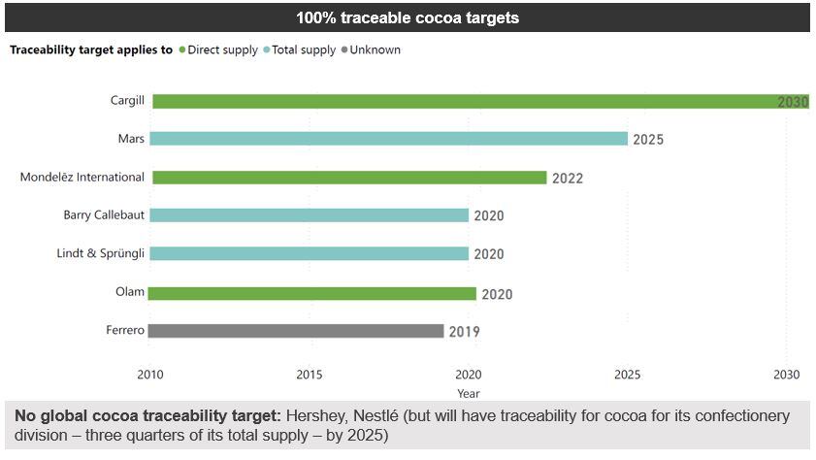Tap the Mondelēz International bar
coord(349,178)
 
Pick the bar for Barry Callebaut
coord(310,215)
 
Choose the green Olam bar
coord(314,293)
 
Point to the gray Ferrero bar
coord(298,331)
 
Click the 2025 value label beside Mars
coord(648,140)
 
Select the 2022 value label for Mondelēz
coord(568,179)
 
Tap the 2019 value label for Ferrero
coord(464,332)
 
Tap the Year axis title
coord(469,394)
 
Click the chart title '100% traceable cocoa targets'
coord(408,17)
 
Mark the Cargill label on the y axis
coord(127,101)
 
